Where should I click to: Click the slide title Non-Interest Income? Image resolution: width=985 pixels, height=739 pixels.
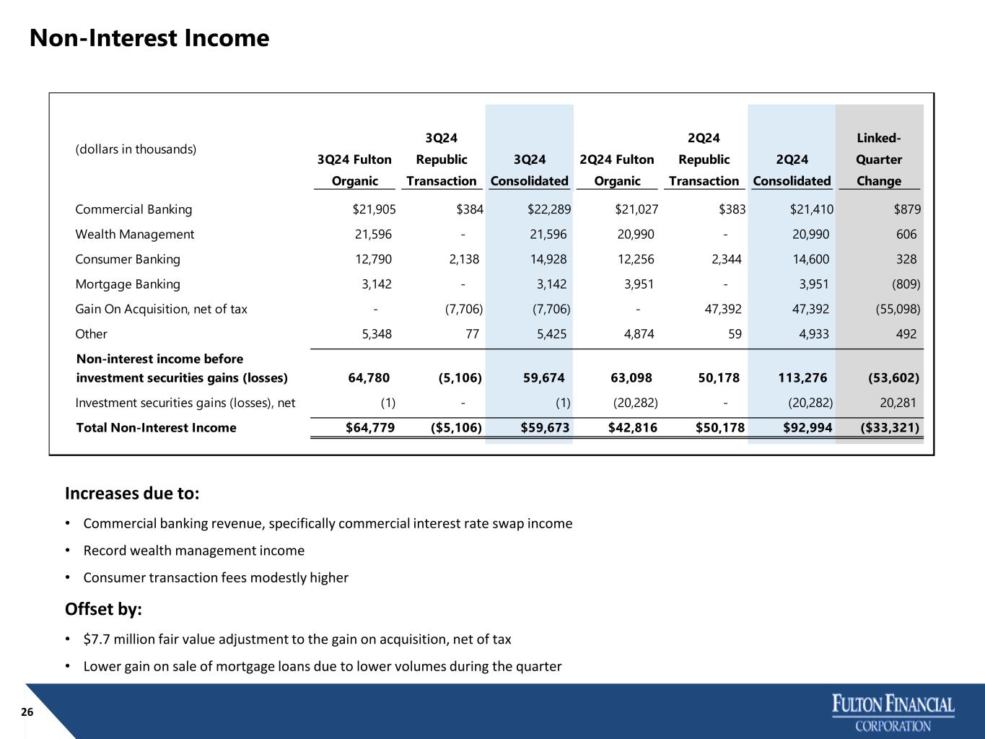pyautogui.click(x=149, y=38)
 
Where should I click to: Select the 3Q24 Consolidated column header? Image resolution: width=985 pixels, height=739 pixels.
pyautogui.click(x=530, y=170)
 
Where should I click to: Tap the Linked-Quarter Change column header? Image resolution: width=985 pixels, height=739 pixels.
pyautogui.click(x=879, y=159)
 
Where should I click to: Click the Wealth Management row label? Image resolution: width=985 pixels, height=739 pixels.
pyautogui.click(x=135, y=235)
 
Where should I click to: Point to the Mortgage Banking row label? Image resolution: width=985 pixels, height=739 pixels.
pyautogui.click(x=128, y=284)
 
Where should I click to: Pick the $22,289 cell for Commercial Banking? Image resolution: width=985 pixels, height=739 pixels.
pyautogui.click(x=549, y=209)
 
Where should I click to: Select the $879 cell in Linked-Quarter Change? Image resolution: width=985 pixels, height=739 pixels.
pyautogui.click(x=907, y=209)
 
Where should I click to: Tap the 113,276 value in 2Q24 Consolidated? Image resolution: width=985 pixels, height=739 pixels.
pyautogui.click(x=802, y=378)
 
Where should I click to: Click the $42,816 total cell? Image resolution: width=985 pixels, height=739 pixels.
pyautogui.click(x=633, y=428)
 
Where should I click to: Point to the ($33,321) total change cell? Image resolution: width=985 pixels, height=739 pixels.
pyautogui.click(x=890, y=428)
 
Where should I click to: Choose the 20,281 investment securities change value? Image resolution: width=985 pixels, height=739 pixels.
pyautogui.click(x=898, y=403)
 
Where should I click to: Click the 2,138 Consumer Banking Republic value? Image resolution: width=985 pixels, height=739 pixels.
pyautogui.click(x=464, y=259)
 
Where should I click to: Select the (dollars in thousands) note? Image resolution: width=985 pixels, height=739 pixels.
pyautogui.click(x=136, y=149)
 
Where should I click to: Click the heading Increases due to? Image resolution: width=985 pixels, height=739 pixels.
pyautogui.click(x=132, y=493)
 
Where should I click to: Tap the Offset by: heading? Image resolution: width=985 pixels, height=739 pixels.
pyautogui.click(x=103, y=609)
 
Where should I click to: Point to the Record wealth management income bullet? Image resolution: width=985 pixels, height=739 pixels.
pyautogui.click(x=194, y=551)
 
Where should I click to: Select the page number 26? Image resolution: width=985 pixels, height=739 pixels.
pyautogui.click(x=27, y=712)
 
